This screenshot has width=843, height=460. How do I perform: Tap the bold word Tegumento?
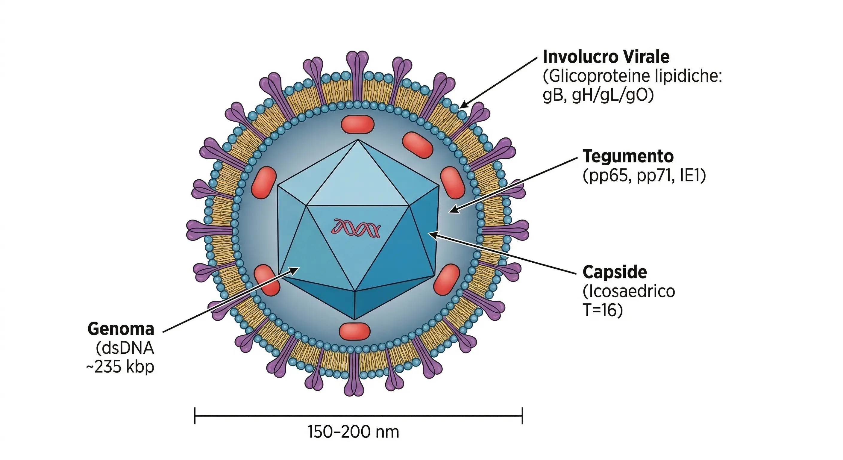tap(628, 157)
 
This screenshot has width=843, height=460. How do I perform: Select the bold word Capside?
tap(615, 272)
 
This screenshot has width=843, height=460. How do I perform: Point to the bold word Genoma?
tap(121, 329)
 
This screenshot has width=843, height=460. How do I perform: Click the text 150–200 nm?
tap(354, 432)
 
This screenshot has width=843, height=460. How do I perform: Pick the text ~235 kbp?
tap(120, 367)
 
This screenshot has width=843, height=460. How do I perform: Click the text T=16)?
tap(603, 310)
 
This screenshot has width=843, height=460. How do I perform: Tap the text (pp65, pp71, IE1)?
tap(644, 176)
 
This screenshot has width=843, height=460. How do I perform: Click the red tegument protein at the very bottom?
tap(354, 331)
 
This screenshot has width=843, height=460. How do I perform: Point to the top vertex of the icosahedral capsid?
tap(358, 140)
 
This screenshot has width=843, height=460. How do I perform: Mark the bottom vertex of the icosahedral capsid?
tap(355, 319)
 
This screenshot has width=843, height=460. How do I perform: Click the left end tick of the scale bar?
tap(195, 416)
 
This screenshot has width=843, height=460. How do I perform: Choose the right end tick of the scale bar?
tap(522, 416)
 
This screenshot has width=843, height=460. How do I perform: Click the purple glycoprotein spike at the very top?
tap(358, 62)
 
